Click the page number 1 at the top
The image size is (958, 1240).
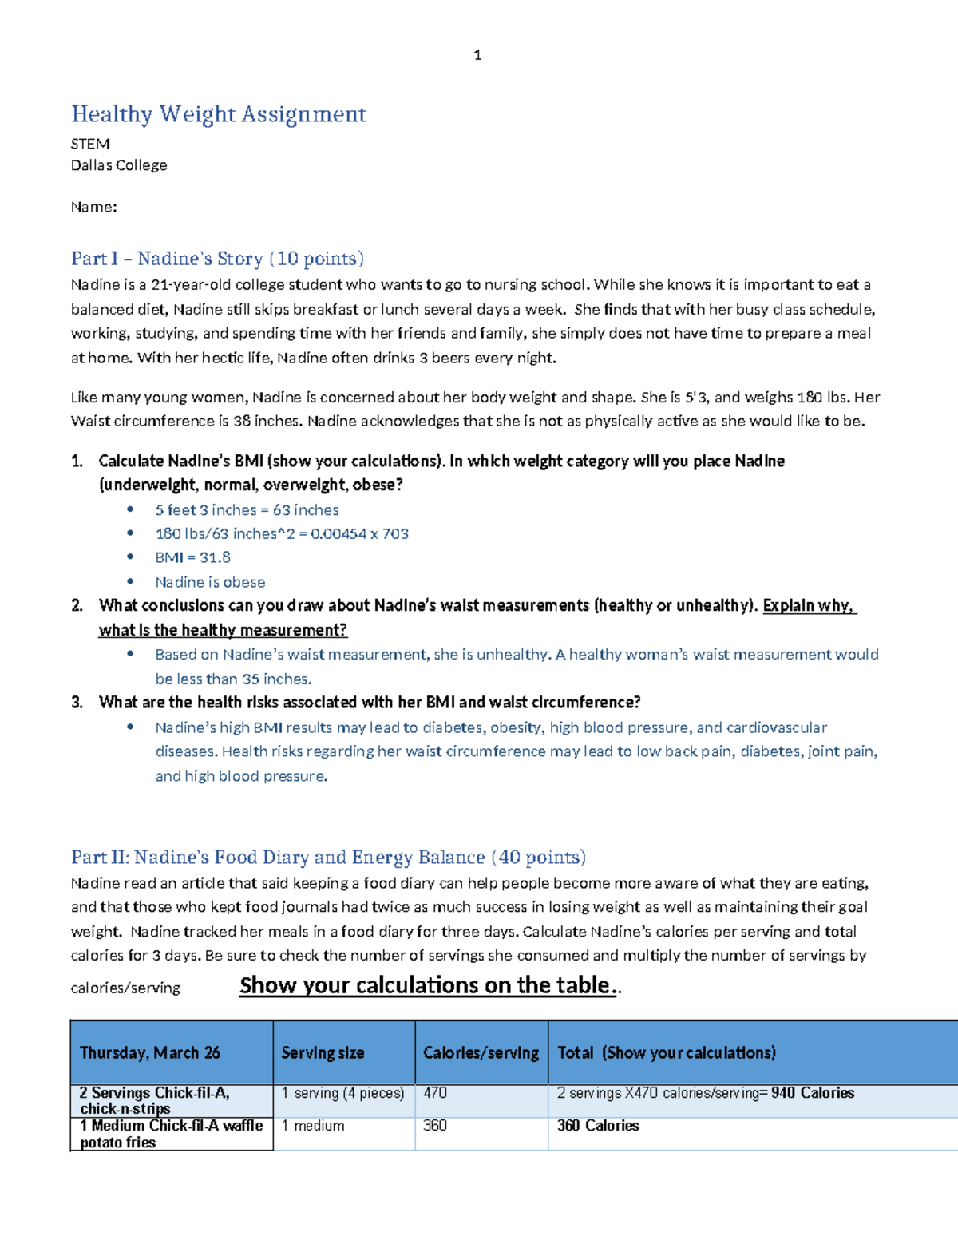coord(477,55)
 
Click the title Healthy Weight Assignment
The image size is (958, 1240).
coord(218,114)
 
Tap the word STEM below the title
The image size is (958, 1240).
coord(90,144)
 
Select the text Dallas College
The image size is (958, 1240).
coord(119,165)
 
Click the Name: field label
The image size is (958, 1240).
coord(93,207)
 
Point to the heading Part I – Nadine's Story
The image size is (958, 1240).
coord(217,259)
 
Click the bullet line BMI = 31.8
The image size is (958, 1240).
coord(193,557)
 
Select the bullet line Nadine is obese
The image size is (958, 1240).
coord(210,582)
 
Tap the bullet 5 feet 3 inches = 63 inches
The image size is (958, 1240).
coord(247,509)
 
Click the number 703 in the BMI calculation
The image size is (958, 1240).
coord(395,533)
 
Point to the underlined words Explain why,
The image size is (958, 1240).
coord(809,605)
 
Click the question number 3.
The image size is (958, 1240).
coord(77,703)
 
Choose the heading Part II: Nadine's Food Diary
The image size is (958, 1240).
coord(328,858)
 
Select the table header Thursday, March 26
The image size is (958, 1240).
coord(150,1052)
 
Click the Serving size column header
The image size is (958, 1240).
coord(323,1052)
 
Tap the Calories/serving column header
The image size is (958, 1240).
coord(481,1052)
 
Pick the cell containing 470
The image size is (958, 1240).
coord(435,1093)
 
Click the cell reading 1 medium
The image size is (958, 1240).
coord(313,1126)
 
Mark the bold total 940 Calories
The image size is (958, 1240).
coord(813,1093)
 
